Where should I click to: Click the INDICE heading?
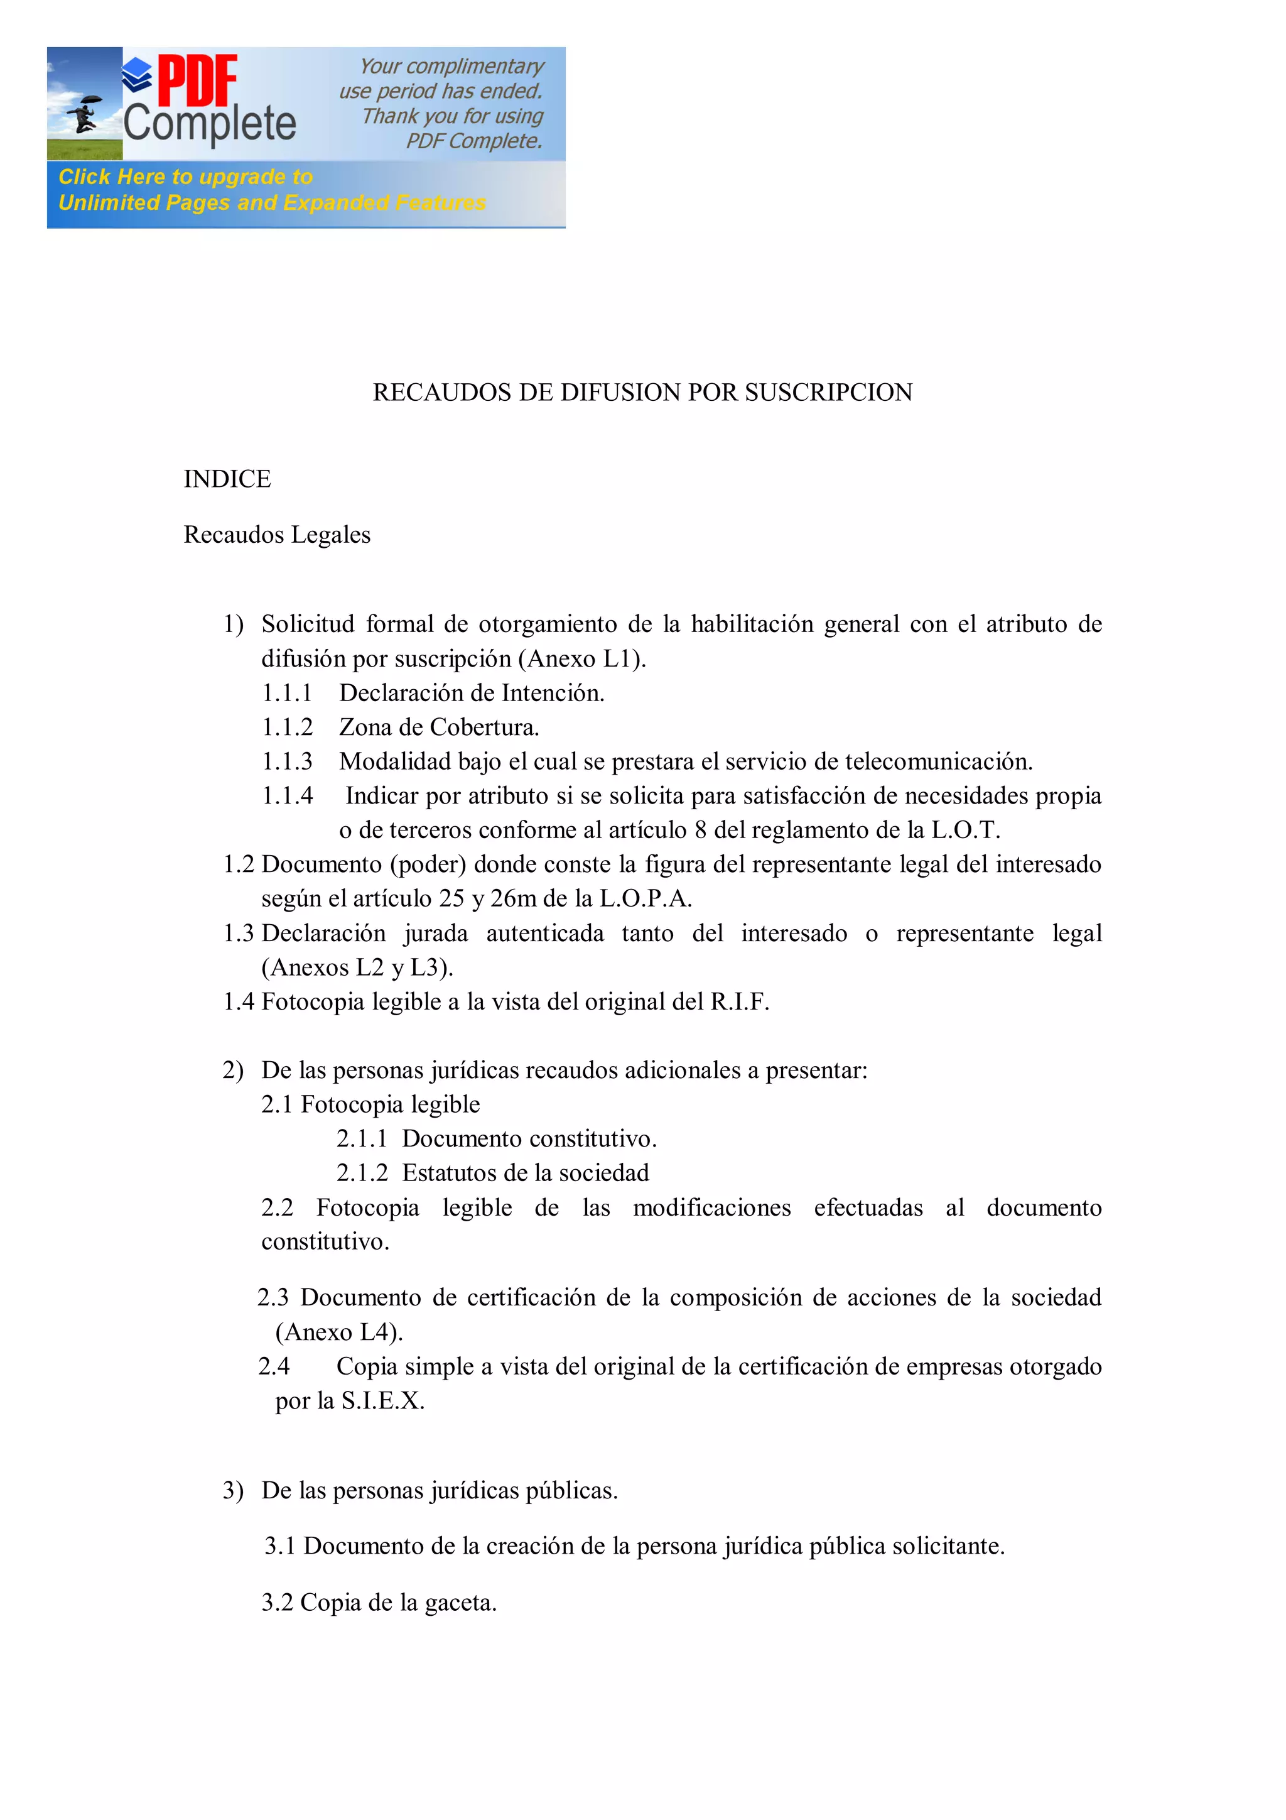point(227,479)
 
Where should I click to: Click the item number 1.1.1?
point(287,694)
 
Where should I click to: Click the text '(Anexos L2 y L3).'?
point(357,968)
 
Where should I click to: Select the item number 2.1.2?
point(362,1173)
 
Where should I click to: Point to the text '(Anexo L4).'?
point(339,1332)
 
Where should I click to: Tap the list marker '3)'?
point(233,1491)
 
